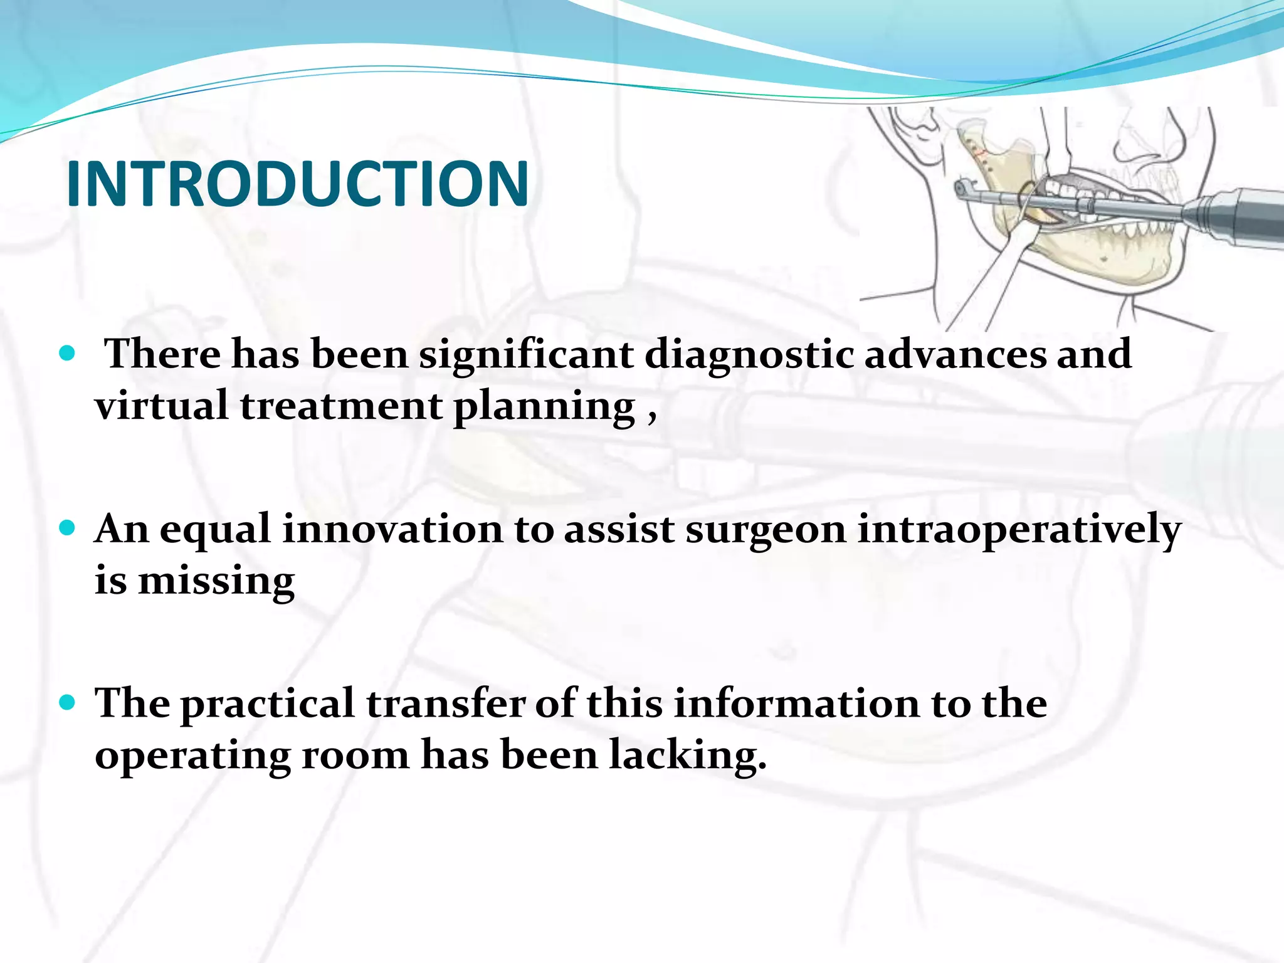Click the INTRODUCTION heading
point(298,184)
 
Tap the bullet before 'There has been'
point(66,354)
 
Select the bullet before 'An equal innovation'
point(66,528)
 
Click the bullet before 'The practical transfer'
point(66,702)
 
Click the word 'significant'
point(526,355)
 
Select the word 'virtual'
point(162,406)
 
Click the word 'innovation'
point(392,529)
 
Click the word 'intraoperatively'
point(1019,530)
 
